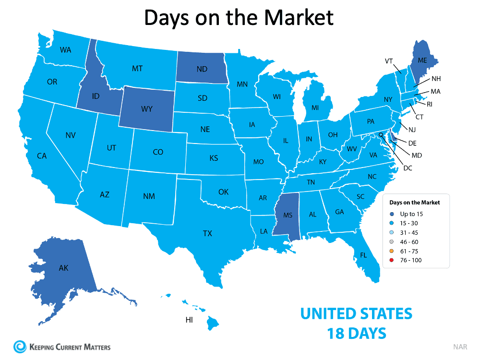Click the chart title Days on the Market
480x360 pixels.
[239, 17]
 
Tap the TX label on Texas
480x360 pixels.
[207, 234]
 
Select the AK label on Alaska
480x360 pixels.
[63, 268]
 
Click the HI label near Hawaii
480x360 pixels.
[189, 319]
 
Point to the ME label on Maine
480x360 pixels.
[422, 60]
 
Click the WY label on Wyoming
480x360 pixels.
[147, 109]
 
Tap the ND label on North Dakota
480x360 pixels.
[202, 69]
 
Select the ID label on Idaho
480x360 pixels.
[95, 96]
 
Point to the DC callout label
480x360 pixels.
[408, 168]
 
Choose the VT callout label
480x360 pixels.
[389, 61]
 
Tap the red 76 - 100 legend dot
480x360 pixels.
[392, 260]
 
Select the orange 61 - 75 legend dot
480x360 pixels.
[392, 251]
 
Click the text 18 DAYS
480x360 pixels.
[356, 333]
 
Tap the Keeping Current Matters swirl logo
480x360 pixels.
[20, 347]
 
